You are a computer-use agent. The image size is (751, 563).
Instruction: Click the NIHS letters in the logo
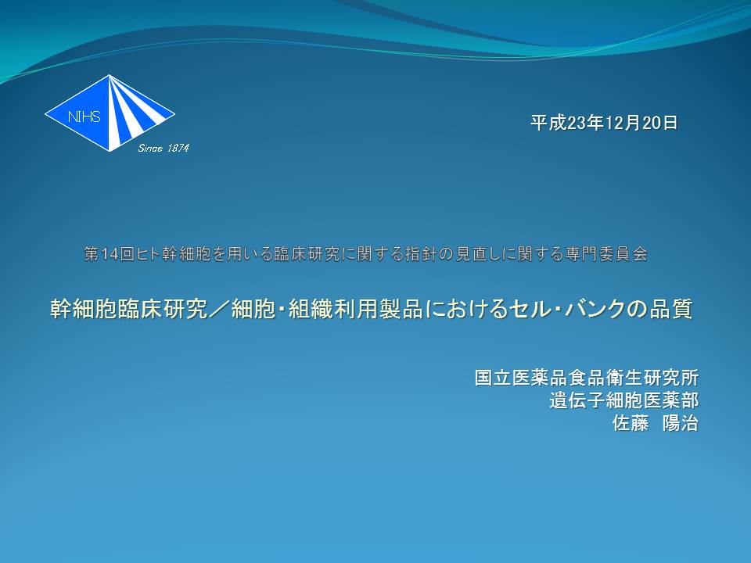tap(84, 117)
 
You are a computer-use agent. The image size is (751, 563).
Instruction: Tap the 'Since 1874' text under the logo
tap(163, 149)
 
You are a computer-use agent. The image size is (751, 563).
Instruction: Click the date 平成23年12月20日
tap(605, 123)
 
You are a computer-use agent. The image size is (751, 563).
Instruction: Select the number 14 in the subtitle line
tap(110, 254)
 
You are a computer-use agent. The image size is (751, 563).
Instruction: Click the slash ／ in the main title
tap(219, 309)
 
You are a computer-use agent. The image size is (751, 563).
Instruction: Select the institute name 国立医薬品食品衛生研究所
tap(587, 378)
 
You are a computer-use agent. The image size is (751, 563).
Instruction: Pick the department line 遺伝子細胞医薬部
tap(624, 400)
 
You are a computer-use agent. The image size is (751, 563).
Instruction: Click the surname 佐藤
tap(631, 423)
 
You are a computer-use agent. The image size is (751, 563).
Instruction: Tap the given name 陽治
tap(680, 423)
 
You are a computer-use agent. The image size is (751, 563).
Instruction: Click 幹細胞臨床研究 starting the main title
tap(129, 309)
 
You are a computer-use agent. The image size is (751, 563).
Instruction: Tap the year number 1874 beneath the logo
tap(178, 149)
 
